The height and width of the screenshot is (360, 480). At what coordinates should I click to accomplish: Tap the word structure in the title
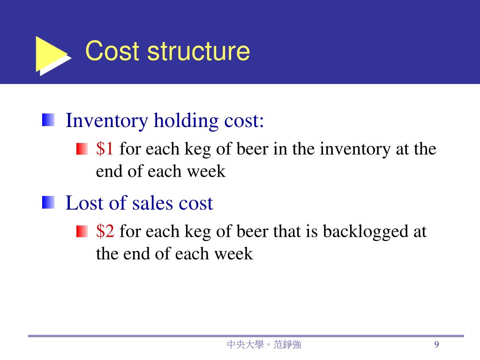click(x=198, y=52)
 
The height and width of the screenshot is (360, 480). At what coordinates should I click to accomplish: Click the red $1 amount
click(x=105, y=149)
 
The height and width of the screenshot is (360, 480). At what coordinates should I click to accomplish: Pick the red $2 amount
click(x=105, y=231)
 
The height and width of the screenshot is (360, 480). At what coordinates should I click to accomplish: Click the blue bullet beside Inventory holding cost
click(x=48, y=120)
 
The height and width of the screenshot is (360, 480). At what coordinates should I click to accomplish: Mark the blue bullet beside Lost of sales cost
click(x=48, y=203)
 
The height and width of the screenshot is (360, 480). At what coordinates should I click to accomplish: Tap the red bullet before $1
click(x=82, y=150)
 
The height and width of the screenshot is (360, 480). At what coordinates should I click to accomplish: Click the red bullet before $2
click(x=82, y=232)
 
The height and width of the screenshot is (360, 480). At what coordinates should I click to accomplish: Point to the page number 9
click(x=436, y=345)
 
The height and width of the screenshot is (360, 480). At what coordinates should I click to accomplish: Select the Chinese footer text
click(x=264, y=345)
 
